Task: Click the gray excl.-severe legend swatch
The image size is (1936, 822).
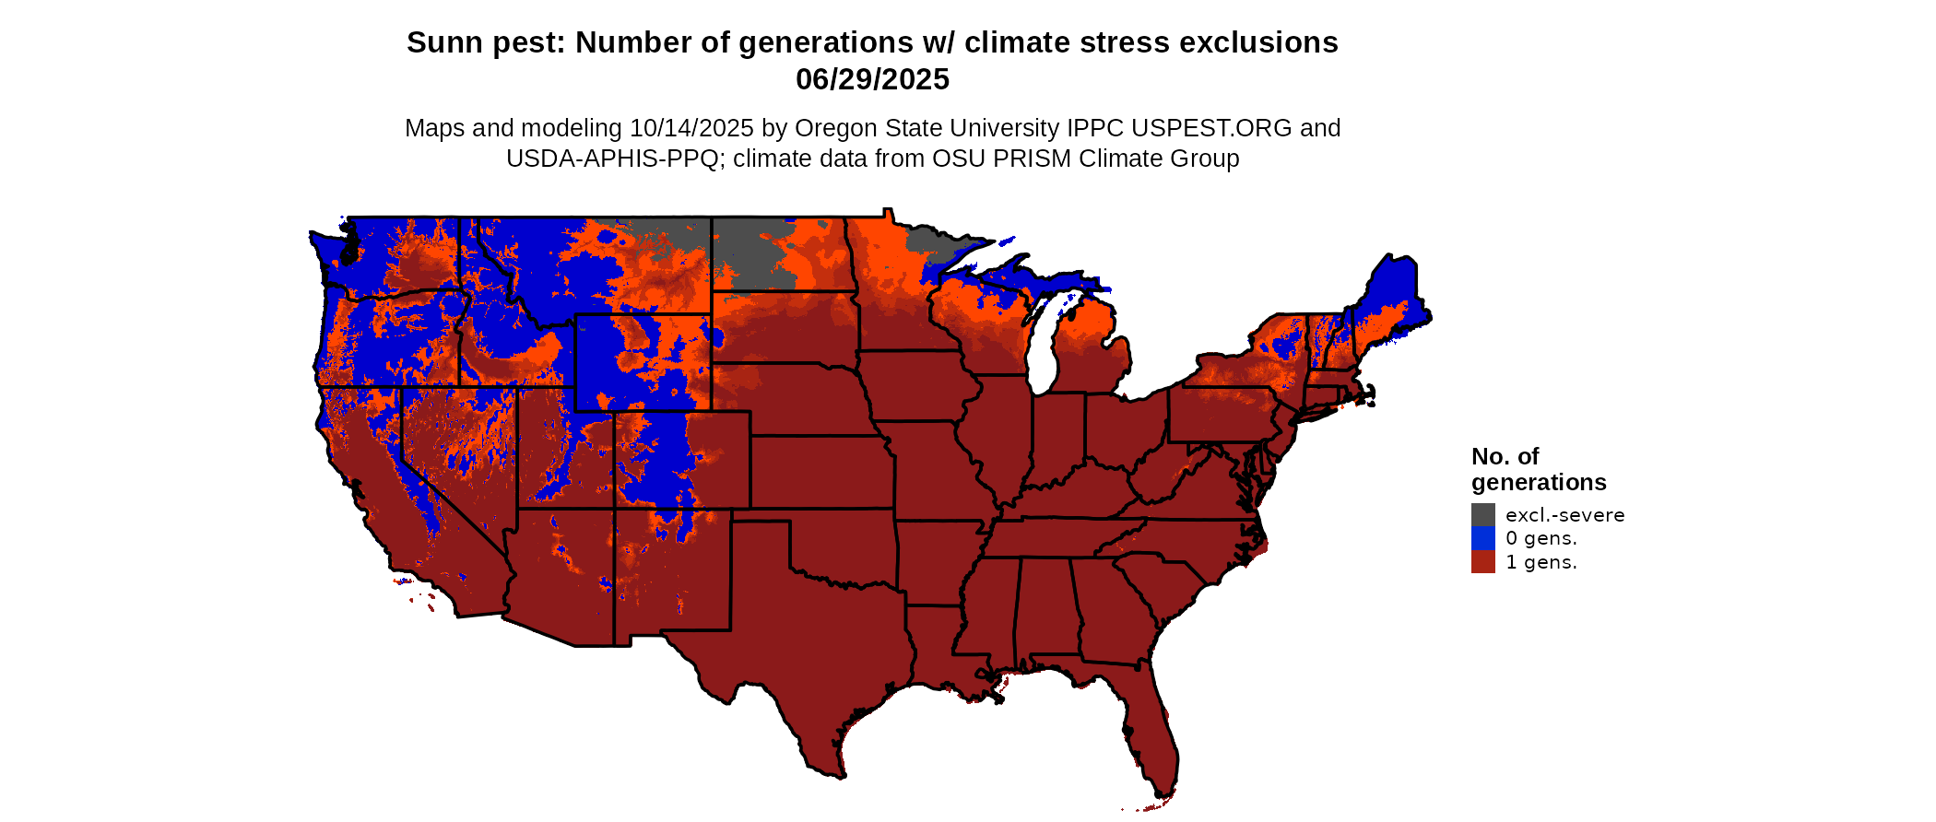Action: click(1482, 514)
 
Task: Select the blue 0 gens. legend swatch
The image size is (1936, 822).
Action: click(1482, 538)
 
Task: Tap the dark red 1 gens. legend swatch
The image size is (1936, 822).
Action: click(1482, 562)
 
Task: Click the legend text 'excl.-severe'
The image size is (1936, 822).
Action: click(1564, 515)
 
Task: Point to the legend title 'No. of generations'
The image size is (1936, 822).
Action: click(1538, 469)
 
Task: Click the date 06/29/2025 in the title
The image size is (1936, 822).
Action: click(872, 80)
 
